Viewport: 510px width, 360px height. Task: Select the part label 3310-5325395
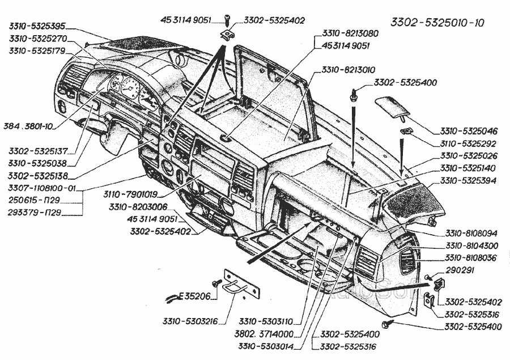click(x=37, y=26)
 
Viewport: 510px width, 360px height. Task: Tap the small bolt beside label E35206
click(x=216, y=282)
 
